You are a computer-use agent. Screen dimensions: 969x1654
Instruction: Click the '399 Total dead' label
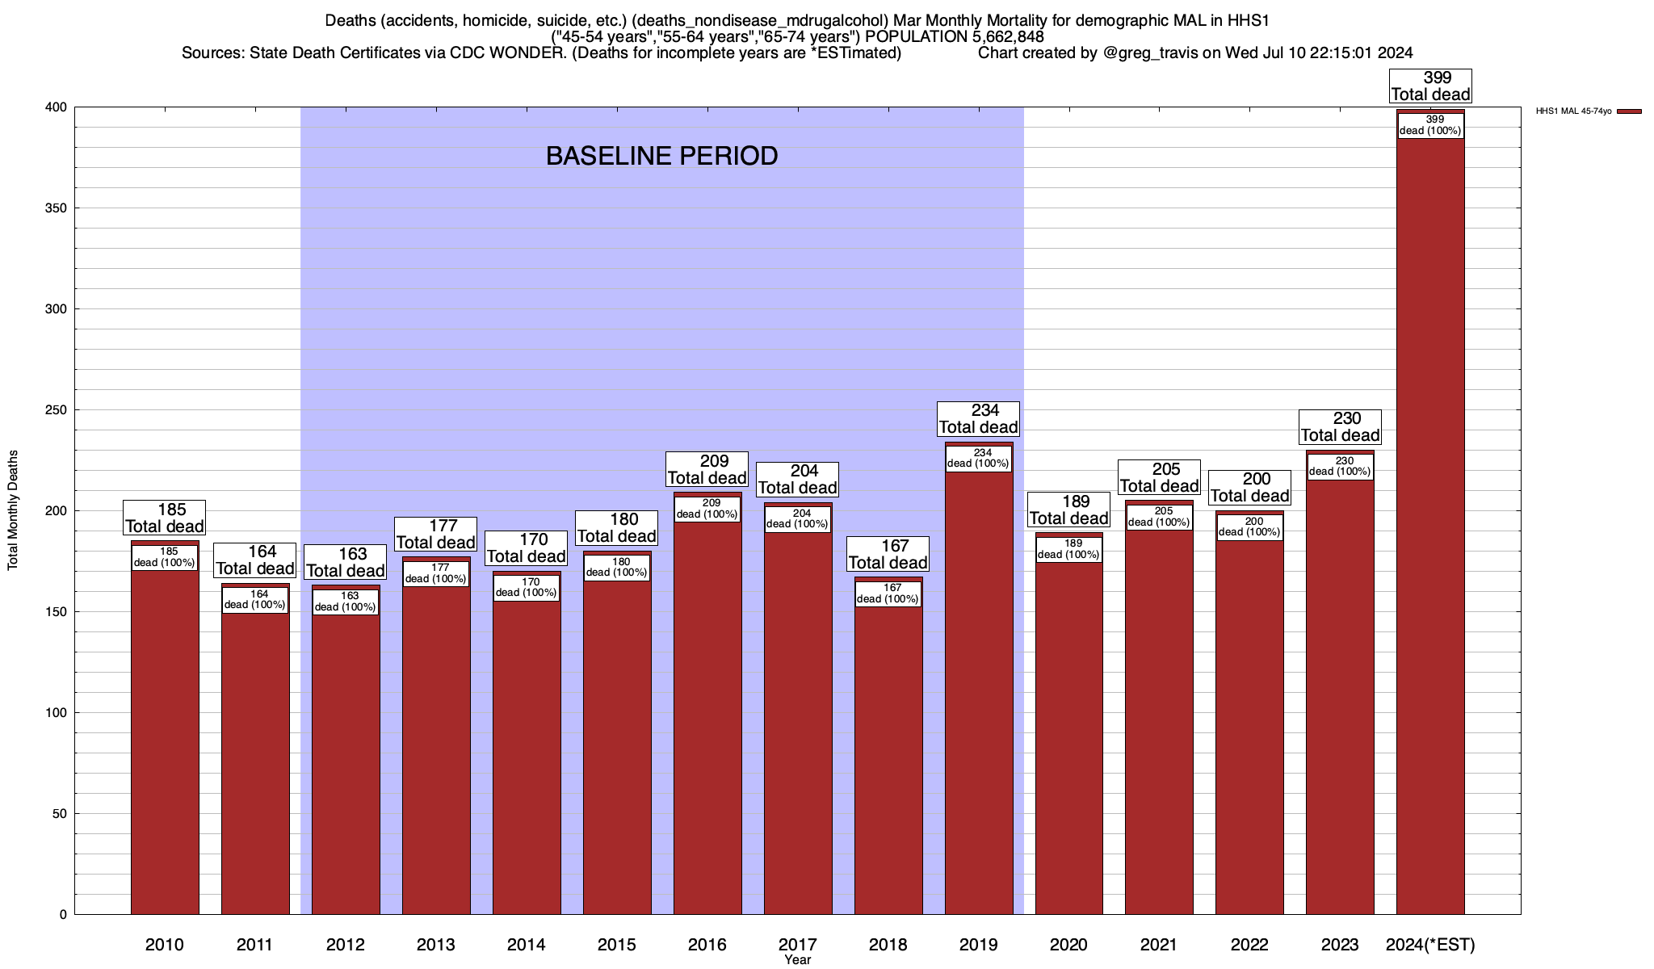tap(1430, 86)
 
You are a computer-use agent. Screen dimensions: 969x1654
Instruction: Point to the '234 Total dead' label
tap(978, 419)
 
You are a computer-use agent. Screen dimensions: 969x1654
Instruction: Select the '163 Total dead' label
tap(346, 563)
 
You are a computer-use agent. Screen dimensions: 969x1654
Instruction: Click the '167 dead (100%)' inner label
tap(888, 594)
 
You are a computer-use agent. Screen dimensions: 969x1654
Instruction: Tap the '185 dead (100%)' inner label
tap(165, 557)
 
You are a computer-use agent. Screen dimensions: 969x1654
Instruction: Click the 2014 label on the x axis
tap(527, 945)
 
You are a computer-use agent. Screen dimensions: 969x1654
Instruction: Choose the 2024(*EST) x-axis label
tap(1430, 945)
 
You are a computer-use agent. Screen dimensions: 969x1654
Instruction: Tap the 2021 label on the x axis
tap(1159, 945)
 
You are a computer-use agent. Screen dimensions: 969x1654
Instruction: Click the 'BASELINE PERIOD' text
tap(661, 156)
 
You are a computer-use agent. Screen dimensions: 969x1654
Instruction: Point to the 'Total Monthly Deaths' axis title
tap(13, 510)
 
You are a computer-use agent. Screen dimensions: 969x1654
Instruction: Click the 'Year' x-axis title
tap(797, 960)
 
